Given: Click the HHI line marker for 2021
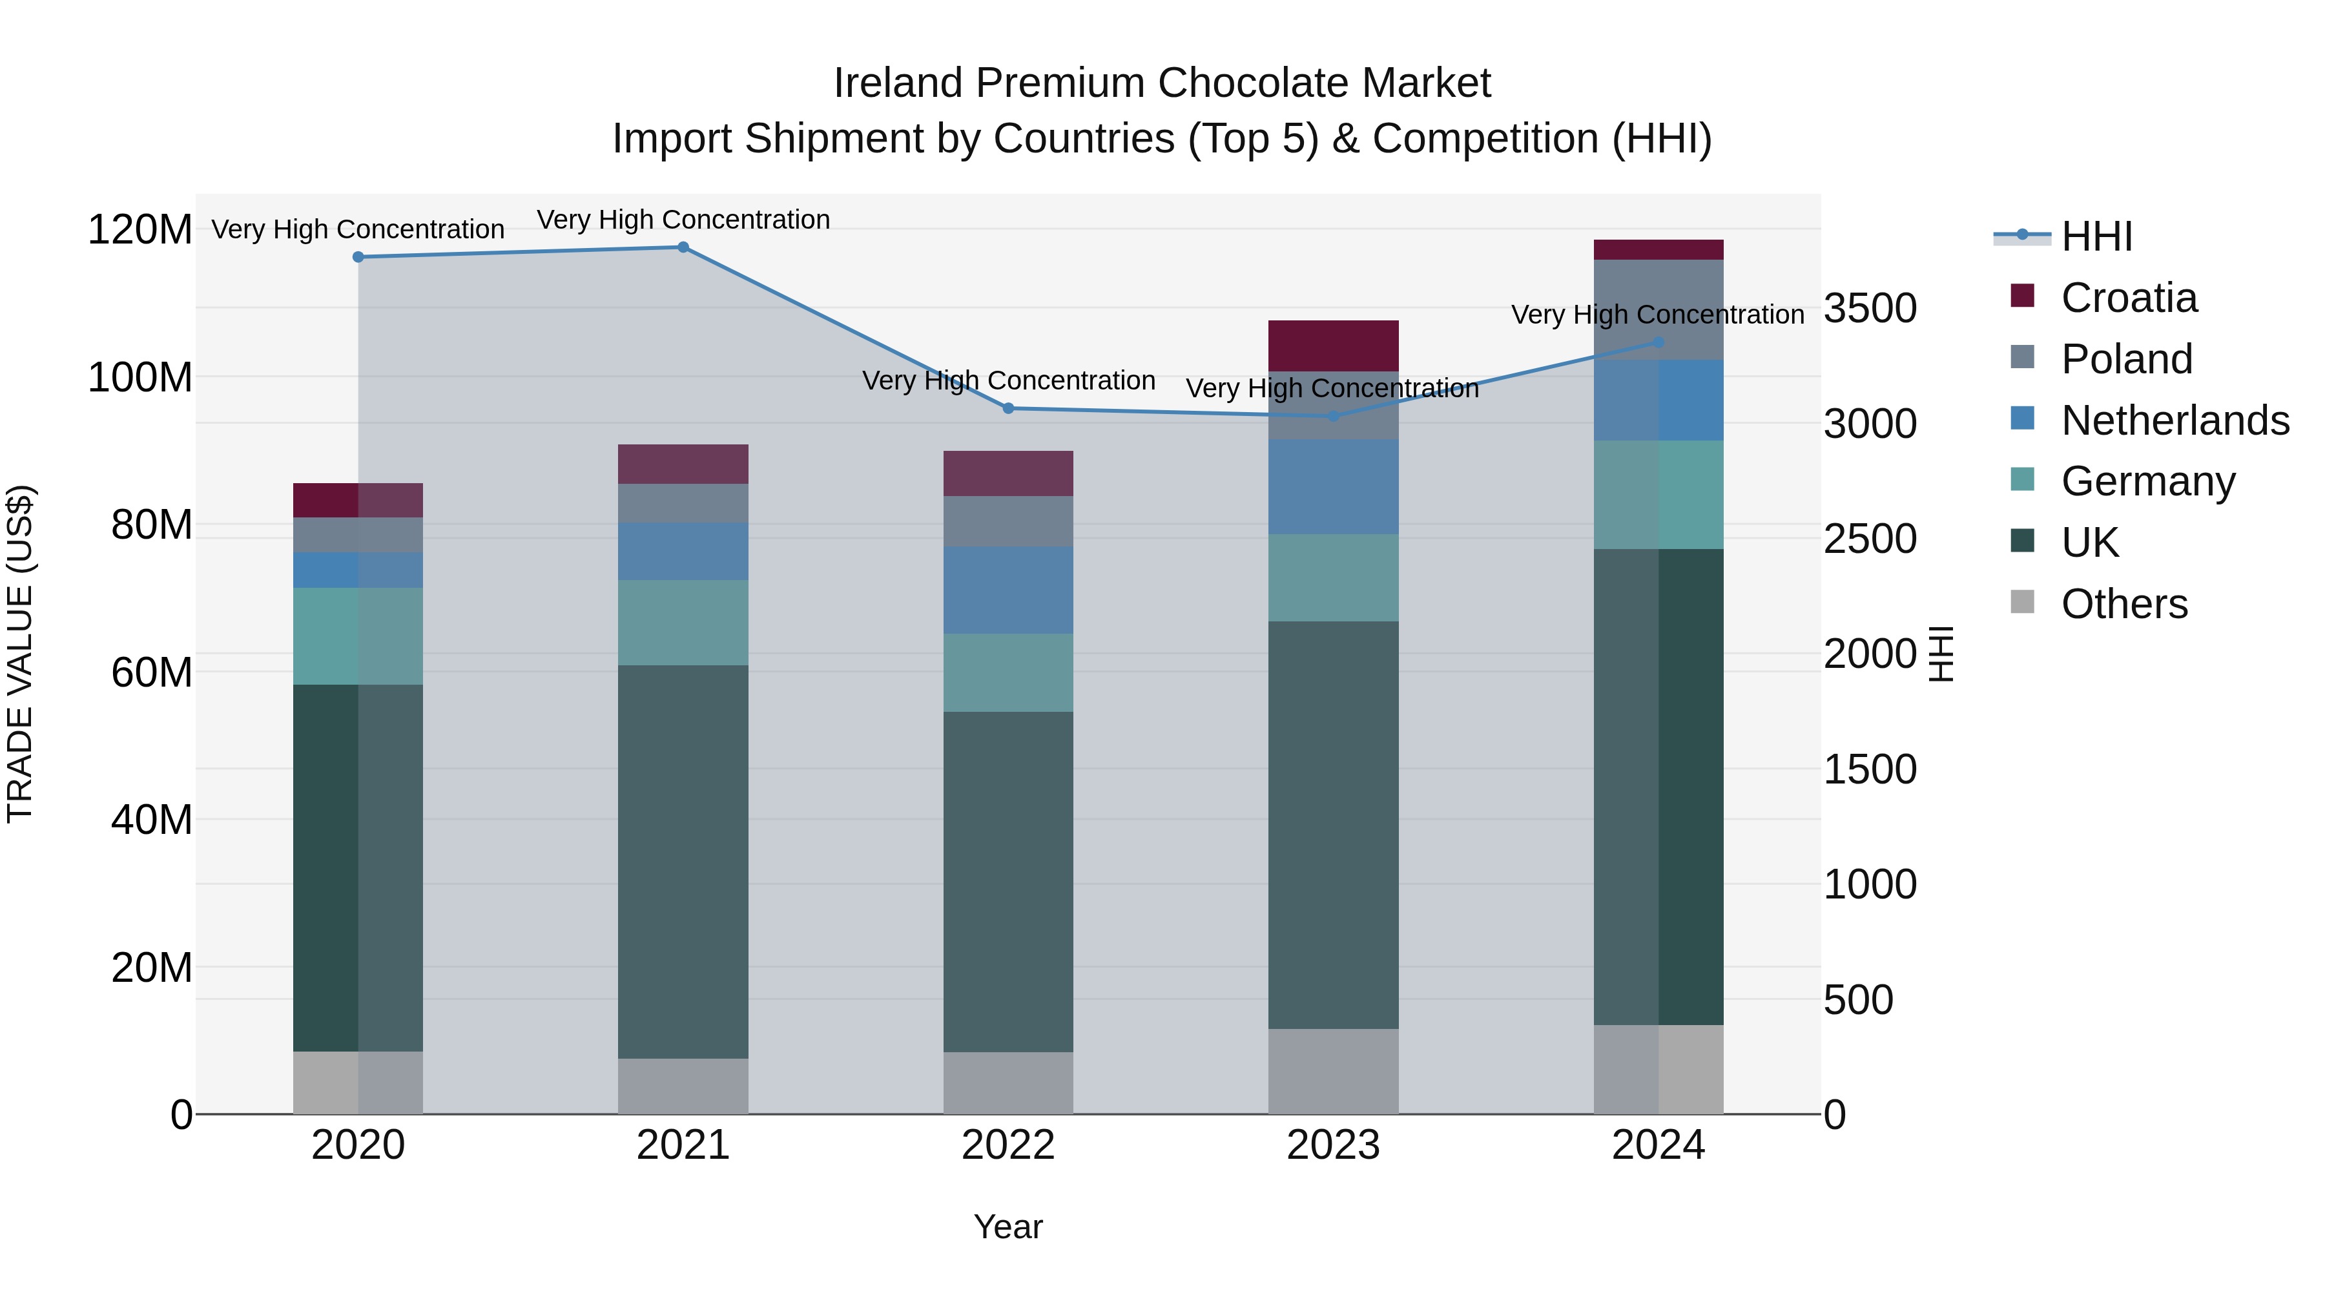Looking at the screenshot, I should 683,247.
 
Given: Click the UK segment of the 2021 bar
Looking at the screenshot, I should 683,862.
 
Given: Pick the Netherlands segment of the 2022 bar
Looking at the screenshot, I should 1008,590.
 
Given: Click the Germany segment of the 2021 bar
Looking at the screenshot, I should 683,623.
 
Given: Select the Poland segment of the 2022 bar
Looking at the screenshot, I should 1008,521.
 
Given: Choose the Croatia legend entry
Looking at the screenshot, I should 2128,298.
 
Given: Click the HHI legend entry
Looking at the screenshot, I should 2096,236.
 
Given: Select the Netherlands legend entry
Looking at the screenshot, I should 2175,420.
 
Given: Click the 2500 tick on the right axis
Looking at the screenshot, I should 1870,539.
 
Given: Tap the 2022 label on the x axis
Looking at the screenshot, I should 1008,1145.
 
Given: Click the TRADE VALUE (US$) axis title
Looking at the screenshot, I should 20,654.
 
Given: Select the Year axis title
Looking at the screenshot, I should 1008,1227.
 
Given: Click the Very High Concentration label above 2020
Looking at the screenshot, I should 358,229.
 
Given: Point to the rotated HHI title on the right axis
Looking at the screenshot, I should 1941,654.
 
